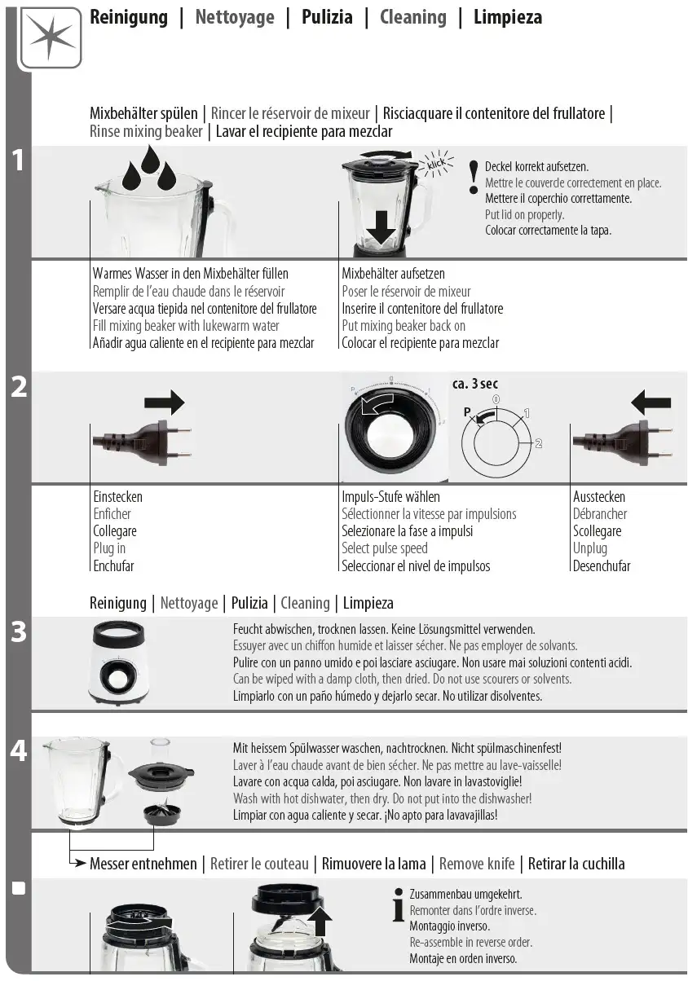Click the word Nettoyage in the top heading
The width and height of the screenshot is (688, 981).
[235, 18]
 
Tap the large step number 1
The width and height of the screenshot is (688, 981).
[18, 161]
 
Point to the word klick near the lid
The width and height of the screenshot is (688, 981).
[436, 165]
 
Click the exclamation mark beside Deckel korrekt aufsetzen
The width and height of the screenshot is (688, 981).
[474, 178]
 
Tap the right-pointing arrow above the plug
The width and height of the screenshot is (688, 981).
[165, 402]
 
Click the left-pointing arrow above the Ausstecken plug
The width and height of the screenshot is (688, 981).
[651, 402]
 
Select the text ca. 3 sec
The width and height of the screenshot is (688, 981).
[475, 384]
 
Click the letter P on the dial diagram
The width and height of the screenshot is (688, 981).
[467, 411]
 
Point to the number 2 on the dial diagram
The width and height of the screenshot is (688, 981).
[539, 443]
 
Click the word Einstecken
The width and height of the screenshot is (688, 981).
[118, 497]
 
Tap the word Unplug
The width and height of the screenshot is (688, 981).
[590, 548]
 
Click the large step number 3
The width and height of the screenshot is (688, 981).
[19, 632]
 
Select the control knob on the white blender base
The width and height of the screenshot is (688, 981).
[117, 676]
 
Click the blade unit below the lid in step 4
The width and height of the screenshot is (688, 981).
[162, 812]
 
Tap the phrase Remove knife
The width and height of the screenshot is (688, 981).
[477, 864]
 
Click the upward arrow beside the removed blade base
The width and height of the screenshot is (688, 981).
[320, 919]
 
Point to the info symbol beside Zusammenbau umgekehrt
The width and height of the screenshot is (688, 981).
[399, 904]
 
